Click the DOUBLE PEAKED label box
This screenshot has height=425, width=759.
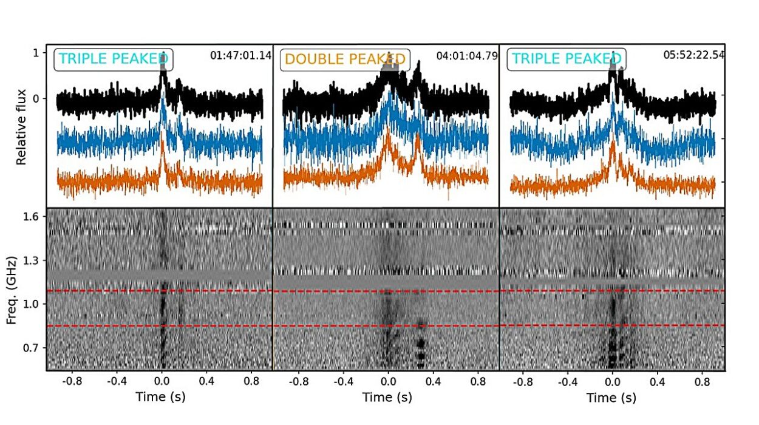tap(345, 59)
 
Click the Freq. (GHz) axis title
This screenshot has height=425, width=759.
tap(12, 288)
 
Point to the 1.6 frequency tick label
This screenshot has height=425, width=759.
tap(32, 217)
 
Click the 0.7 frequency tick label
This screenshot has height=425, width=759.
tap(32, 348)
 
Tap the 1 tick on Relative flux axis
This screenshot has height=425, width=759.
tap(36, 53)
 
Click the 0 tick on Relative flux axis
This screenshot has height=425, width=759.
tap(36, 98)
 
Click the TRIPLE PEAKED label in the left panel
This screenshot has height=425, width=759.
tap(113, 59)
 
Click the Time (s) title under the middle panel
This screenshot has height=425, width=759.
tap(387, 398)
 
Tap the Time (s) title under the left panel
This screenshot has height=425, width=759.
tap(161, 398)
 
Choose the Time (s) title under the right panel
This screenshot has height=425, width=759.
tap(611, 398)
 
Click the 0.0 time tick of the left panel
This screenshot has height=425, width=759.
tap(162, 383)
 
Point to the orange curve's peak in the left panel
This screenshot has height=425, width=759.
tap(162, 142)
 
